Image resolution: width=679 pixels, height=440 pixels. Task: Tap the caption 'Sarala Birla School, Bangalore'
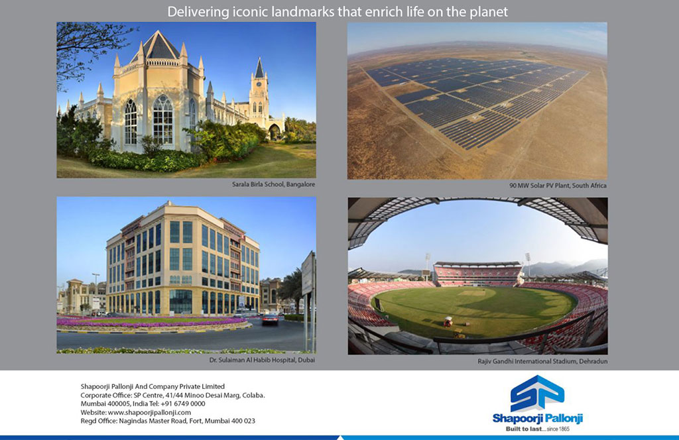tap(273, 184)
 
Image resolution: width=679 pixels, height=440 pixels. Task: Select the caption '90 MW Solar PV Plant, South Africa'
tap(558, 186)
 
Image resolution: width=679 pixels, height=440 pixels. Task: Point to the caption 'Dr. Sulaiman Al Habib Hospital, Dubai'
tap(262, 360)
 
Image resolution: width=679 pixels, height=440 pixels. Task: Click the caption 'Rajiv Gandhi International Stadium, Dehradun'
tap(542, 361)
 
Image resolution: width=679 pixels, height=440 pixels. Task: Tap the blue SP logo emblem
tap(537, 393)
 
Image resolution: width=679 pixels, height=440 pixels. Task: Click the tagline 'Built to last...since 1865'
tap(537, 429)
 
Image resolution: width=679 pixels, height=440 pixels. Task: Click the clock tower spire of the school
tap(259, 68)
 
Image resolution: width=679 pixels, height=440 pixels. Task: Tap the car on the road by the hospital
tap(271, 319)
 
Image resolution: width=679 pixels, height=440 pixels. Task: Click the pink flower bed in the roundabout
tap(152, 321)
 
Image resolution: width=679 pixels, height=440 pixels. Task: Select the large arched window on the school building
tap(163, 120)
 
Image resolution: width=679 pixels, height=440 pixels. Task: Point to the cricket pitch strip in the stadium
tap(471, 293)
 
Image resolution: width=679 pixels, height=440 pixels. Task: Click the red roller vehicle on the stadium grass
tap(448, 321)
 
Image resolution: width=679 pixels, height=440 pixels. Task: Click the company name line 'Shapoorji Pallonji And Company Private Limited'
tap(153, 386)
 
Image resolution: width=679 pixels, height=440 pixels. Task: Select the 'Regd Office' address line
tap(168, 421)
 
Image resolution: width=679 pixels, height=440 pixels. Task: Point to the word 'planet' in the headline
tap(489, 12)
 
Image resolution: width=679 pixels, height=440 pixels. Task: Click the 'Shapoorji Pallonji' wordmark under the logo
tap(537, 418)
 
